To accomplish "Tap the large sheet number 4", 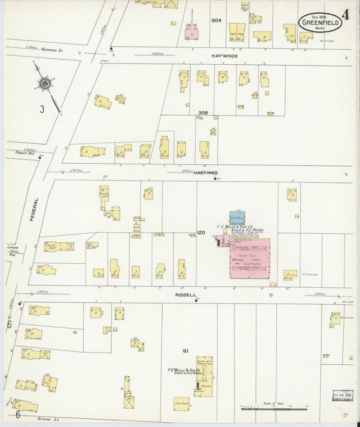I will [x=346, y=15].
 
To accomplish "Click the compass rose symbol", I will [x=45, y=84].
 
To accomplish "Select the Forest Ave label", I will [x=24, y=153].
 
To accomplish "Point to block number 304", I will [x=215, y=21].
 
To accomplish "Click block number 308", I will [x=203, y=112].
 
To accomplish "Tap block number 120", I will [x=200, y=232].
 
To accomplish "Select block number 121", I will [x=185, y=350].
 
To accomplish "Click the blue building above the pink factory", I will [x=236, y=218].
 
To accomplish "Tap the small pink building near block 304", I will [x=192, y=32].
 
